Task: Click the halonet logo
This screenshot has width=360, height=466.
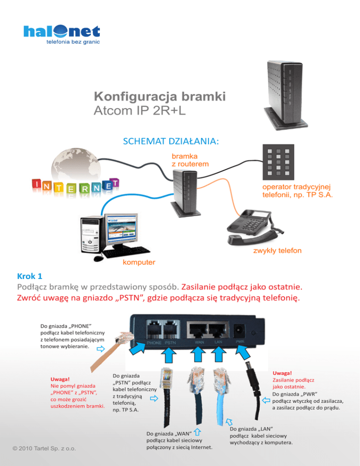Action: pyautogui.click(x=62, y=34)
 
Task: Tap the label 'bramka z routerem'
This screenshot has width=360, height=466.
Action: pyautogui.click(x=190, y=160)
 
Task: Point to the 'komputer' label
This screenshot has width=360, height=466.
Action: pyautogui.click(x=139, y=263)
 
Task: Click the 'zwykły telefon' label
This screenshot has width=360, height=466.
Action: pyautogui.click(x=277, y=250)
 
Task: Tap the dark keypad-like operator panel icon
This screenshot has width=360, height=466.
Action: pyautogui.click(x=278, y=162)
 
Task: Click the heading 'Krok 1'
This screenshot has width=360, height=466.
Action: pyautogui.click(x=30, y=276)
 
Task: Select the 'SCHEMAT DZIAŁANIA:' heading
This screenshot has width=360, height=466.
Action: pyautogui.click(x=171, y=141)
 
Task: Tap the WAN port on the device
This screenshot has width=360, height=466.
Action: pyautogui.click(x=197, y=330)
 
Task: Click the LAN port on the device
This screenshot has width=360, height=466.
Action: pyautogui.click(x=218, y=330)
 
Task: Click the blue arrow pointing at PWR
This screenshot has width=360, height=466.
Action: pyautogui.click(x=243, y=353)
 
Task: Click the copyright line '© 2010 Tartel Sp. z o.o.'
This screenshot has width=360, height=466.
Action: pyautogui.click(x=44, y=449)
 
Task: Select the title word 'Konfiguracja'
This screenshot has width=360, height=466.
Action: pyautogui.click(x=136, y=97)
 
